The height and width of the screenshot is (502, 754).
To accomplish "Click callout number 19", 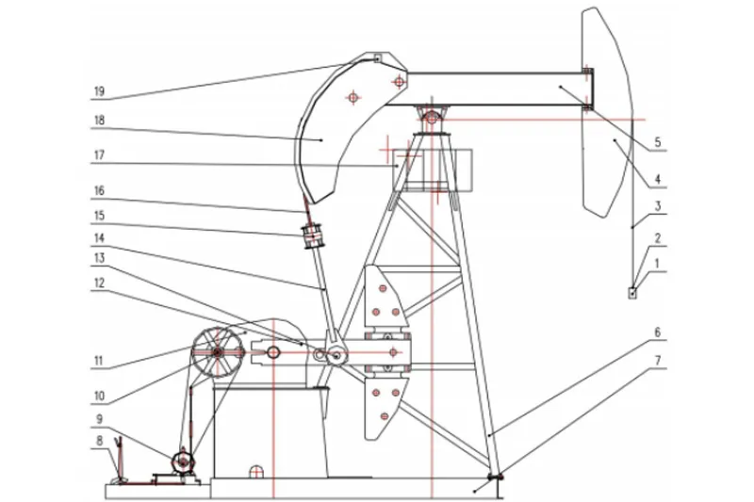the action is pos(99,91).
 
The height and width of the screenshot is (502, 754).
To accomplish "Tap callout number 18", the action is pos(100,121).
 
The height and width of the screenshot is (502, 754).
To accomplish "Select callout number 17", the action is pos(99,155).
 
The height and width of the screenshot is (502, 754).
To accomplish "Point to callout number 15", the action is pos(99,216).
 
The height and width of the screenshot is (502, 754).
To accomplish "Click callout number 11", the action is pos(99,361).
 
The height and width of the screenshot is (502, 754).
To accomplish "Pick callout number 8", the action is pos(100,441).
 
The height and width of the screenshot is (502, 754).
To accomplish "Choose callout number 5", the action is pos(658,142).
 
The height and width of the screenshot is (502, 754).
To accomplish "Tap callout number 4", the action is pos(658,180).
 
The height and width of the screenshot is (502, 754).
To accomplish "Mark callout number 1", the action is pos(658,264).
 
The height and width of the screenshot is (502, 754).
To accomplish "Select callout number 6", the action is pos(658,332).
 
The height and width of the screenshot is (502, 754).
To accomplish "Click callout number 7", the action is pos(658,360).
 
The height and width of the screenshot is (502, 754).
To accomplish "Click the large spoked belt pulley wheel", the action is pos(217,353).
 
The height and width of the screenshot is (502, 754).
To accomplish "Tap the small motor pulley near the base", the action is pos(183,462).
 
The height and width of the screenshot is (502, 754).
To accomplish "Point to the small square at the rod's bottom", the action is pos(632,292).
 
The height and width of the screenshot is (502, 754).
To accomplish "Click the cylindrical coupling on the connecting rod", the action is pos(313,235).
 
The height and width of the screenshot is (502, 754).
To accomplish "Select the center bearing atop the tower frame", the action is pos(432,117).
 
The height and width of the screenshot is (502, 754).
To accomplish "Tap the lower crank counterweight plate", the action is pos(385,408).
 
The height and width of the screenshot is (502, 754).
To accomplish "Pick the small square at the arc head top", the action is pos(378,57).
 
